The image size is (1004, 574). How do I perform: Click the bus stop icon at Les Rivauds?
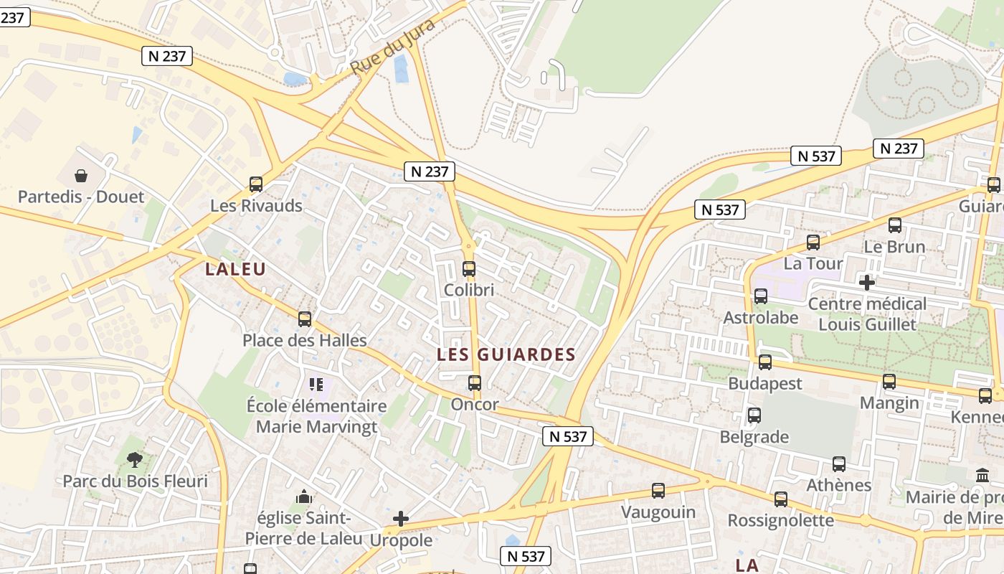point(256,184)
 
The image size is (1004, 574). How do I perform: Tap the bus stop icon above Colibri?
point(469,269)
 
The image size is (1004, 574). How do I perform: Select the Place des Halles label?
point(305,340)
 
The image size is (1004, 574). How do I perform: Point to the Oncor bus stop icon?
point(475,383)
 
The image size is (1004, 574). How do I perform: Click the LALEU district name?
point(235,269)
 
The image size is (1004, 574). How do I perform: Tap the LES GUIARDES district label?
point(506,354)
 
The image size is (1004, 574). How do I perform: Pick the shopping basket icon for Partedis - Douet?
point(81,176)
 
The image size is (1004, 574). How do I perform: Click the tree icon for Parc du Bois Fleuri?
point(134,459)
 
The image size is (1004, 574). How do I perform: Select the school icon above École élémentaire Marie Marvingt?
point(316,385)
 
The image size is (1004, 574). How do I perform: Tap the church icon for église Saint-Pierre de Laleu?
point(304,497)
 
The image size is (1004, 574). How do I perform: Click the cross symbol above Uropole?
point(401,519)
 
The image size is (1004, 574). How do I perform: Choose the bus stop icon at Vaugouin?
point(658,491)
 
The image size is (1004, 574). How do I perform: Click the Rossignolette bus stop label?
point(781,520)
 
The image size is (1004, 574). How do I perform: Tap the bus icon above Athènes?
point(839,464)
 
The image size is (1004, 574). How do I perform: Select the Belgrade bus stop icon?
point(754,415)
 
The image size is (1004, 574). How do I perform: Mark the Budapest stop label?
point(765,383)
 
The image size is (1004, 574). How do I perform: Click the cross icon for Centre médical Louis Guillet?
point(867,283)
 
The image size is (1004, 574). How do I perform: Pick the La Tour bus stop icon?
point(813,243)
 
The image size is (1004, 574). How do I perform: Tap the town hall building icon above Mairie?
point(982,476)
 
